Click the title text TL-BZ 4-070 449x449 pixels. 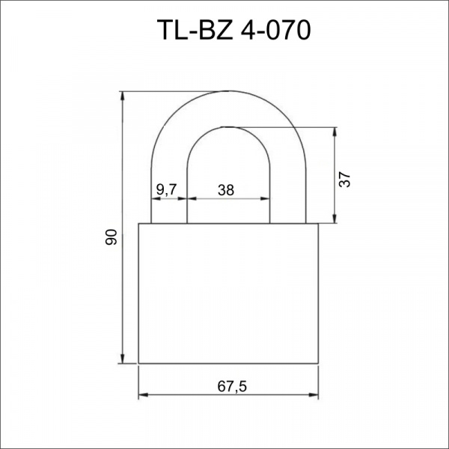coord(234,30)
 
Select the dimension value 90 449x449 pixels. coord(111,237)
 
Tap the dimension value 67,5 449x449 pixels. coord(232,387)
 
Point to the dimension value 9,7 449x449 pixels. coord(167,189)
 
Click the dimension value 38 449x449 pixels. coord(226,190)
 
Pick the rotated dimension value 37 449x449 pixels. coord(344,180)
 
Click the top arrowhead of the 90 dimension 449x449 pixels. coord(123,96)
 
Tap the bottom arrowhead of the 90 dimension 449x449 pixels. coord(123,359)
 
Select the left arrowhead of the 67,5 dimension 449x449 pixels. coord(143,395)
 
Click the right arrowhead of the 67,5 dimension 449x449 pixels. coord(314,395)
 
